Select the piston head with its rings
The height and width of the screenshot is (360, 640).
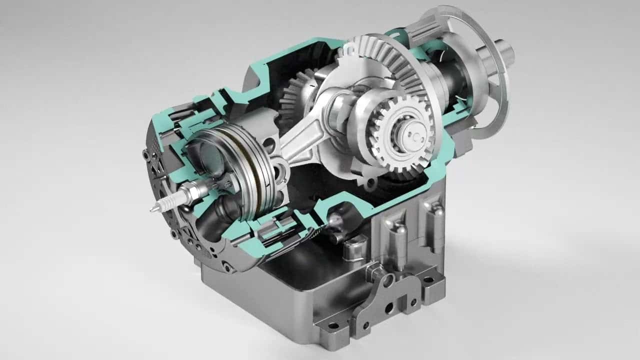point(235,170)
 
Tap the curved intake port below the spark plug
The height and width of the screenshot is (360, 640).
point(220,210)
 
